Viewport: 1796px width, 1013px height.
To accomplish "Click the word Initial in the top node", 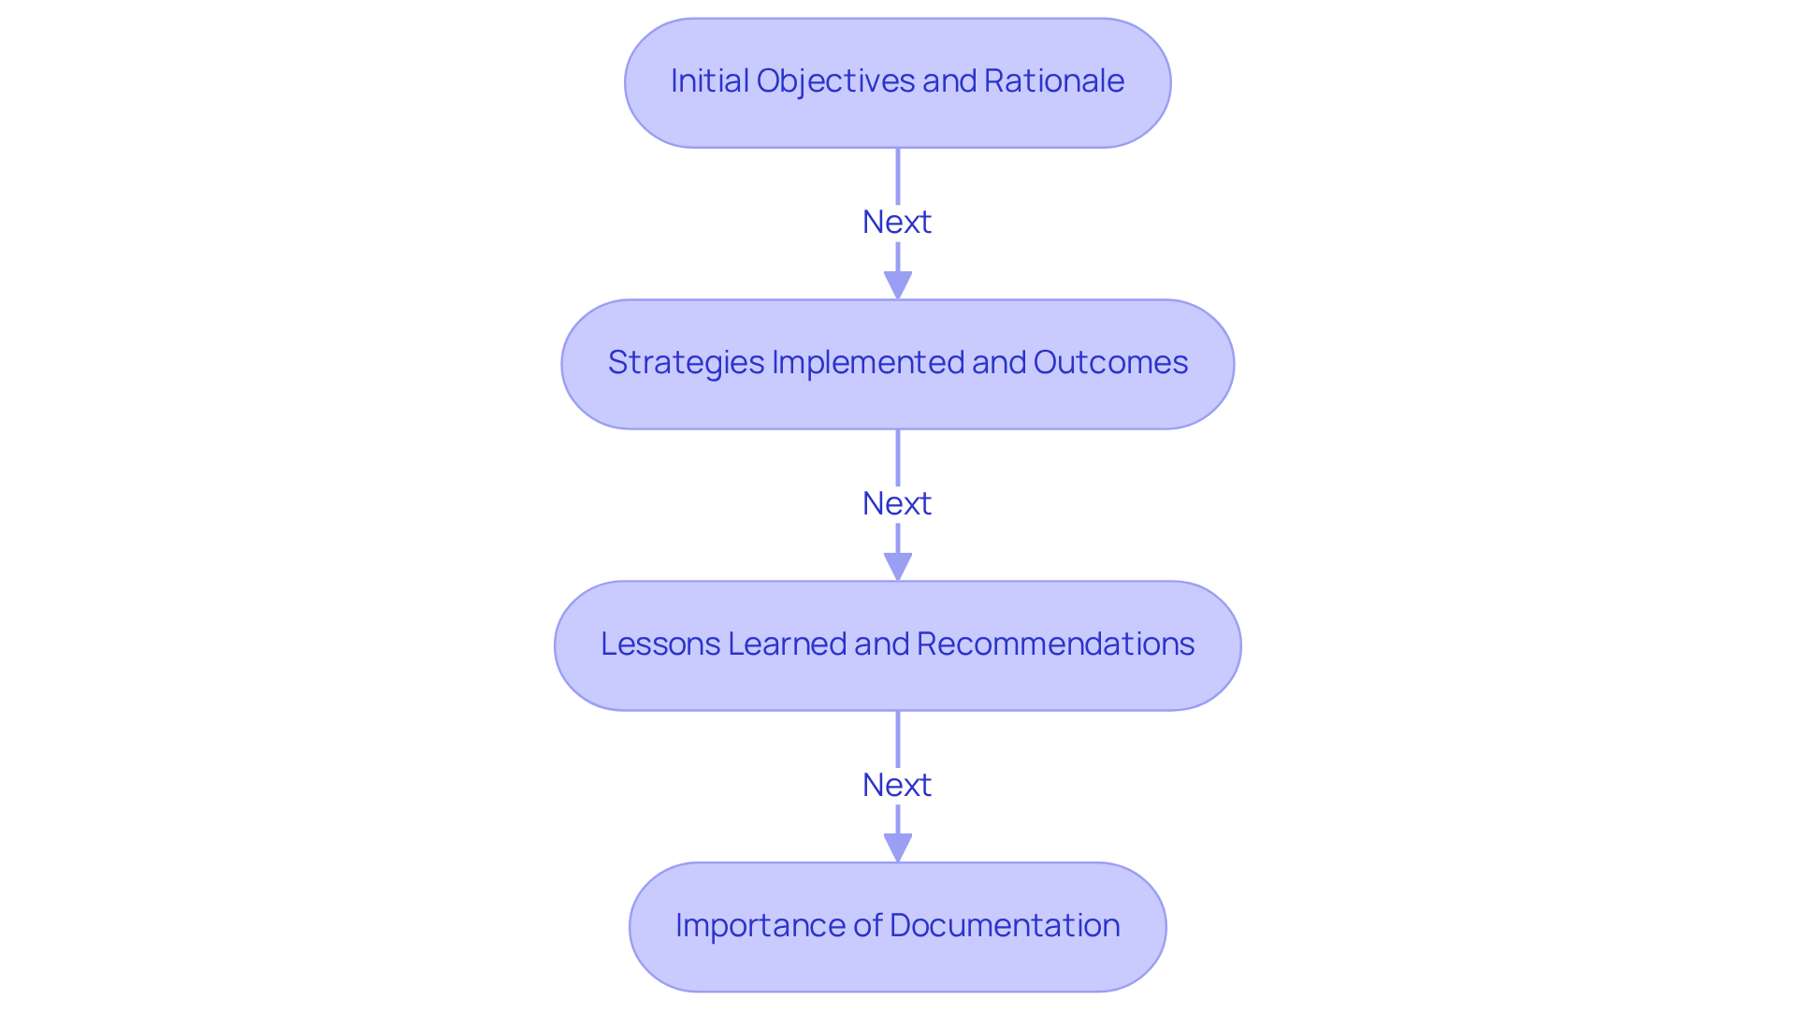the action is [x=709, y=81].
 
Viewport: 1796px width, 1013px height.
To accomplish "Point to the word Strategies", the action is [x=686, y=363].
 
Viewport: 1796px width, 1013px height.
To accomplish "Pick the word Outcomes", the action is [x=1110, y=363].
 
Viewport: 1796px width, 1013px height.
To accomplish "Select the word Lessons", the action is [x=659, y=644].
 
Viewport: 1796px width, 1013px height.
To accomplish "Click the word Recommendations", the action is [x=1055, y=644].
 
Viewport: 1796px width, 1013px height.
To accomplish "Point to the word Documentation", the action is [x=1005, y=926].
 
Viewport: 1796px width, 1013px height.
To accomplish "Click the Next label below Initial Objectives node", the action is [x=897, y=223].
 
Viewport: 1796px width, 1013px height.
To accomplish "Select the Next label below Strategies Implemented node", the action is [x=897, y=504].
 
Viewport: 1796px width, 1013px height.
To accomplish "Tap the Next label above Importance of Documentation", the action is [x=897, y=786].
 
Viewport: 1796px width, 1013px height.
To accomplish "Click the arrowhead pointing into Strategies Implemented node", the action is [x=898, y=284].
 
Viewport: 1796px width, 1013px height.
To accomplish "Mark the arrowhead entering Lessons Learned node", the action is [x=898, y=566].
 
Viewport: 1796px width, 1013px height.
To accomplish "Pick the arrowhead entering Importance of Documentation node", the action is [x=898, y=847].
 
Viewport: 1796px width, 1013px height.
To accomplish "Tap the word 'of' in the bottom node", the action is [x=867, y=926].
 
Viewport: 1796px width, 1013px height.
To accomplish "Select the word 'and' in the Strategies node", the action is [x=999, y=363].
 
